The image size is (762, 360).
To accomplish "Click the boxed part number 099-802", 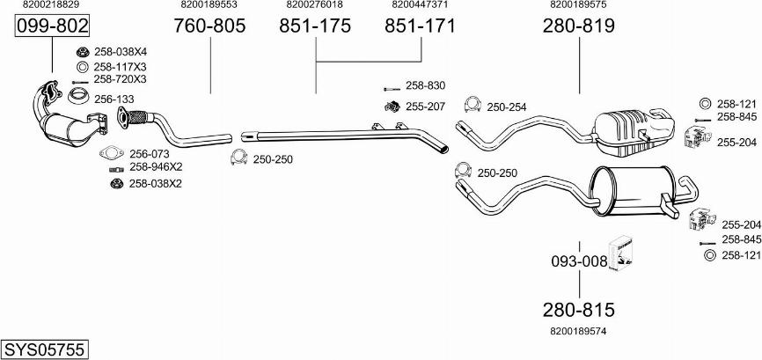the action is [53, 26].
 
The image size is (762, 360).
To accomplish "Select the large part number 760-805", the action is [210, 26].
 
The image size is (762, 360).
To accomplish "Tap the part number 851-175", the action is [315, 26].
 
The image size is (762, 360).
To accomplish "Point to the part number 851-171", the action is [421, 26].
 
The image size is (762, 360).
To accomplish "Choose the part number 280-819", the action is [579, 26].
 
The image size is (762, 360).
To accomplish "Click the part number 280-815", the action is [579, 310].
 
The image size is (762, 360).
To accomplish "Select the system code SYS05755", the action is [45, 349].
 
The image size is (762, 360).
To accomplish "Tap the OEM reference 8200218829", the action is [51, 4].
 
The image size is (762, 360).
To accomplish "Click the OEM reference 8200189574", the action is [578, 331].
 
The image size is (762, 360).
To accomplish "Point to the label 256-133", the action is [114, 99].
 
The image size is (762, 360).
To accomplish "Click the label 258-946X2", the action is [156, 167].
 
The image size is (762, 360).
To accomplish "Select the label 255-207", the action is [425, 107].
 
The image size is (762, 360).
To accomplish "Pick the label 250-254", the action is [506, 107].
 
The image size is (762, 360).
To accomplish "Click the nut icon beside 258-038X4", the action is [82, 52].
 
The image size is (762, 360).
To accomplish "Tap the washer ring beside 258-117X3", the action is [82, 67].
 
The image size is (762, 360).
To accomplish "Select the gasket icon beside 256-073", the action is [112, 153].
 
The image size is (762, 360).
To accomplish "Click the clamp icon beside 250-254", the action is [472, 105].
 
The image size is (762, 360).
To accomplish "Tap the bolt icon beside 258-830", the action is [392, 89].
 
